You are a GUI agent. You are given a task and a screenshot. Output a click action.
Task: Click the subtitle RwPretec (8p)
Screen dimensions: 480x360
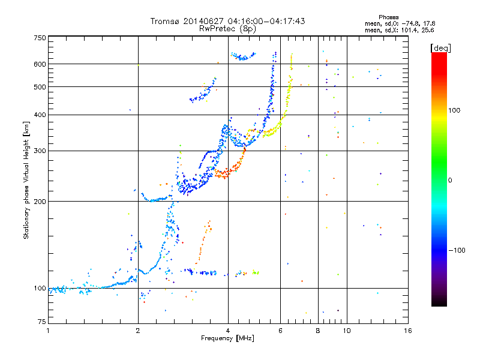tap(227, 29)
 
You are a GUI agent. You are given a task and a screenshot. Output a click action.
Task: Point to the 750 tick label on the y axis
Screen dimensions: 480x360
tap(40, 38)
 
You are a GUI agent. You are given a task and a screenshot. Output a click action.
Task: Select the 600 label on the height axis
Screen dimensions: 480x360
tap(40, 64)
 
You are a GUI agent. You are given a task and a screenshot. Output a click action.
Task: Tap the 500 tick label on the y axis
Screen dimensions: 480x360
tap(40, 87)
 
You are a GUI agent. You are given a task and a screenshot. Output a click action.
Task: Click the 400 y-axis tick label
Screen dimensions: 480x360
tap(40, 115)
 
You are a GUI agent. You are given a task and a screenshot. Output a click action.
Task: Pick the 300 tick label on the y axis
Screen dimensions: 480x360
tap(40, 151)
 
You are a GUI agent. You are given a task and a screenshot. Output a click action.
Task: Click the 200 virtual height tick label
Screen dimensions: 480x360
tap(40, 202)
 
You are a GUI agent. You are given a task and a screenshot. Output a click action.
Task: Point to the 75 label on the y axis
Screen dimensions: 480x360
tap(42, 322)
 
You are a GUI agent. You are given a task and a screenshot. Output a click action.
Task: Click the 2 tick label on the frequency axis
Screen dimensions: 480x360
tap(138, 331)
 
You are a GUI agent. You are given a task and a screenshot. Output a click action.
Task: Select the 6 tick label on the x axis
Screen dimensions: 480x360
tap(280, 331)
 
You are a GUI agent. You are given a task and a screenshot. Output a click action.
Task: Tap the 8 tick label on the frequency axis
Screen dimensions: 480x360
tap(318, 331)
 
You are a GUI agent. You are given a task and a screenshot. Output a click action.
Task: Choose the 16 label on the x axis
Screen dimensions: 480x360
tap(408, 331)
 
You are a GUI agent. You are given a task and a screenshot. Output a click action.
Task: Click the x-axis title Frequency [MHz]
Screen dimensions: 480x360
tap(227, 338)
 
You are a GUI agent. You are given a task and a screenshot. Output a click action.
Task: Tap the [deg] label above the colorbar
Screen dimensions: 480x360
tap(440, 48)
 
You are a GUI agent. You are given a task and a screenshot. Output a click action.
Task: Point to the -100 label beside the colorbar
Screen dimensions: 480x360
tap(457, 250)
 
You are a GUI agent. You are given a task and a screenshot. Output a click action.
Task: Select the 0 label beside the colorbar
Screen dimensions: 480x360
tap(450, 181)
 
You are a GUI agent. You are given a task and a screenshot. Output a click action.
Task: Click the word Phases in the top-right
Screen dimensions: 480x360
tap(388, 17)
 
